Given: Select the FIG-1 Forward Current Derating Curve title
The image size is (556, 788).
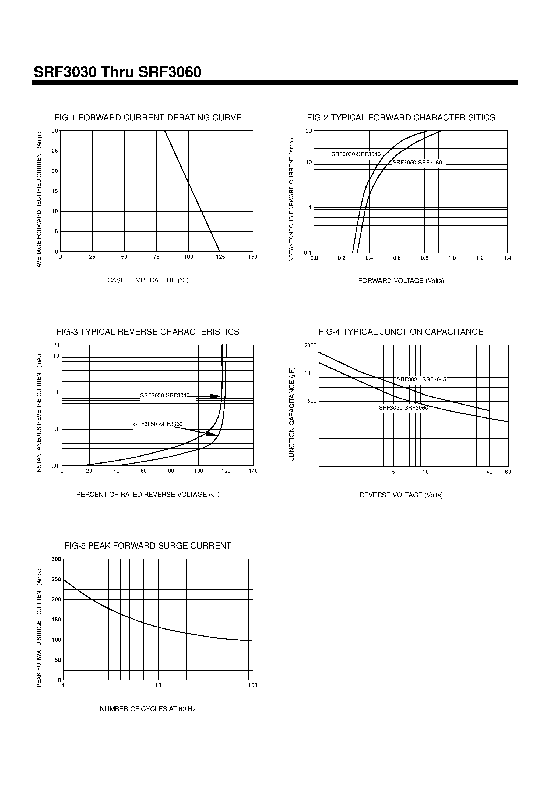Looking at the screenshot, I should [148, 118].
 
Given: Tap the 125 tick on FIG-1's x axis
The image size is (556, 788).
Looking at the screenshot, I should [220, 257].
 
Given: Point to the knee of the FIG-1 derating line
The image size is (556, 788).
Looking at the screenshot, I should [165, 131].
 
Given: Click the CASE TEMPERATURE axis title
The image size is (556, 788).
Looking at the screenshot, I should [148, 280].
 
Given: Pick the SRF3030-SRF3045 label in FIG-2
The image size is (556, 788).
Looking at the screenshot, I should [356, 154].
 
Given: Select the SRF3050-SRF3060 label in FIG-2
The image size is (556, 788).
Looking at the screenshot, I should [417, 163].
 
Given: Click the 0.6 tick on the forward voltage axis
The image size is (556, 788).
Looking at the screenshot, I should [397, 258].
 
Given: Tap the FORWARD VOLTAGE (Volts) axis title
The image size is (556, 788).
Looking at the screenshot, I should [401, 281].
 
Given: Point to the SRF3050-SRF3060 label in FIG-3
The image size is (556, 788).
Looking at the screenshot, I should [158, 424].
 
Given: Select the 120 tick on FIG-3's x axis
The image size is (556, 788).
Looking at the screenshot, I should [226, 471].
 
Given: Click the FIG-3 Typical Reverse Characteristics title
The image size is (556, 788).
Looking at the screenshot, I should [148, 332].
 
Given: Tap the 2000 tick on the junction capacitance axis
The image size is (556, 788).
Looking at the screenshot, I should [310, 345].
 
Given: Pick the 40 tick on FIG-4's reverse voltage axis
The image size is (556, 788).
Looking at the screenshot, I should [489, 472].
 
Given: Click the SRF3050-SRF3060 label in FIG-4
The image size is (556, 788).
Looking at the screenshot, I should [403, 408].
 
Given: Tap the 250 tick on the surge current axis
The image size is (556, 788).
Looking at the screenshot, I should [56, 579].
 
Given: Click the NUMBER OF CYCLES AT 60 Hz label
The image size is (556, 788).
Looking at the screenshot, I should [148, 709].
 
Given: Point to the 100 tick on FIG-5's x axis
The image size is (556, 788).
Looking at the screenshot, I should [253, 685].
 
